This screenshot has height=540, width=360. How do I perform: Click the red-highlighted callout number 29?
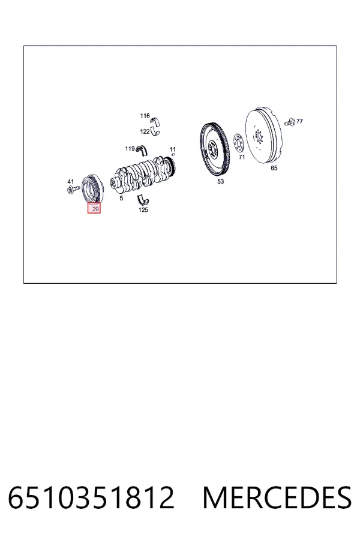[94, 208]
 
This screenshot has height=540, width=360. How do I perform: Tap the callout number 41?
[71, 182]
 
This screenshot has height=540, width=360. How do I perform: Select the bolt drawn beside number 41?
[74, 189]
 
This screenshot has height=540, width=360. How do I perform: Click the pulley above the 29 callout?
[92, 188]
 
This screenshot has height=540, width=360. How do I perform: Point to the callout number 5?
[121, 199]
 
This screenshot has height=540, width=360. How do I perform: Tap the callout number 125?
[143, 210]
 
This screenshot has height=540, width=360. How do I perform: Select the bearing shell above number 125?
[143, 200]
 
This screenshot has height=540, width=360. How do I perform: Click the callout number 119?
[130, 149]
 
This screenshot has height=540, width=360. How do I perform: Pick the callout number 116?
[145, 116]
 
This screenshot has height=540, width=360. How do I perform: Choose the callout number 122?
[145, 131]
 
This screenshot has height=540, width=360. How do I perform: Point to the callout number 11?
[173, 149]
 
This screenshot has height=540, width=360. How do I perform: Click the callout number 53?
[220, 181]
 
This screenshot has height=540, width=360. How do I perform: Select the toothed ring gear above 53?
[215, 150]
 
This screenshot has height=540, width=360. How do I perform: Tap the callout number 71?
[241, 157]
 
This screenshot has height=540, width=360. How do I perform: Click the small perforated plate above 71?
[238, 143]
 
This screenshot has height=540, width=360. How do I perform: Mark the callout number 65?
[274, 168]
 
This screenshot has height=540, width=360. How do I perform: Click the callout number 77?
[299, 121]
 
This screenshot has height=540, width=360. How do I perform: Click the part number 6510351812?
[91, 497]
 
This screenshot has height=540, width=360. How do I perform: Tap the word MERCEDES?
[277, 497]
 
